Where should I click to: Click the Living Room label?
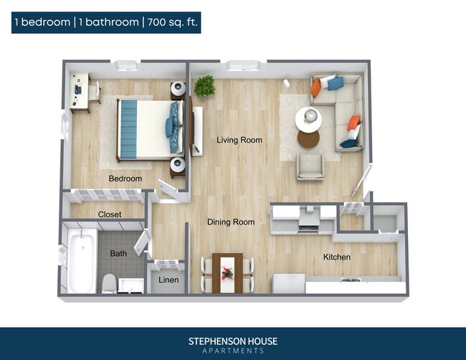pos(239,140)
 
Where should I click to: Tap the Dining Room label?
pos(231,222)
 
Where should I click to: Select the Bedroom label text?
pos(125,179)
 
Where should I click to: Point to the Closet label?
pos(110,214)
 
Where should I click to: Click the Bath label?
pos(118,253)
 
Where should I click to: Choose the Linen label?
pos(168,280)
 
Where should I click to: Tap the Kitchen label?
pos(336,257)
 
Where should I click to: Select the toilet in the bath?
pos(109,283)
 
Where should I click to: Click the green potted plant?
pos(204,85)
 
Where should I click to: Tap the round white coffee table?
pos(308,119)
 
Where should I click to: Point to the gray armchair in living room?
pos(310,166)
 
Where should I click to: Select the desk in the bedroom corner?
pos(79,92)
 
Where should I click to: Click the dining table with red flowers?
pos(227,273)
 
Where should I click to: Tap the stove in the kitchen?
pos(308,221)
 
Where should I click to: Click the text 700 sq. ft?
pos(172,22)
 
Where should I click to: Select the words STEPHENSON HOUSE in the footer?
pos(232,341)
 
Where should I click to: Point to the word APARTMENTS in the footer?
pos(232,351)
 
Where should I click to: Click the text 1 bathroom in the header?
pos(110,22)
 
